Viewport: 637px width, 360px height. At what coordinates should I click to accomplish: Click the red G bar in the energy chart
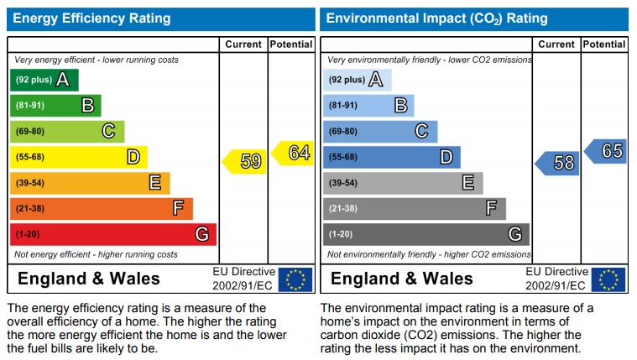[x=112, y=234]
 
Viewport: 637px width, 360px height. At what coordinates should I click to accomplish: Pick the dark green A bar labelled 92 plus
[x=44, y=80]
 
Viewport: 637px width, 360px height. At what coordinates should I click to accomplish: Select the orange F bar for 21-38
[x=101, y=208]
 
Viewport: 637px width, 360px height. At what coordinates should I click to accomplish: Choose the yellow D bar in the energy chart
[x=78, y=157]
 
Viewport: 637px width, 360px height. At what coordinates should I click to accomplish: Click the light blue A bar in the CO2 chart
[x=357, y=80]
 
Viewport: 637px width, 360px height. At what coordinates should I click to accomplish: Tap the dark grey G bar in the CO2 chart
[x=426, y=234]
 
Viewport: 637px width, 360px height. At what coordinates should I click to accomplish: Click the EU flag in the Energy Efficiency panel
[x=295, y=279]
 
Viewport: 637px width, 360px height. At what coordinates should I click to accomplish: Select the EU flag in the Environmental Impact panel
[x=608, y=279]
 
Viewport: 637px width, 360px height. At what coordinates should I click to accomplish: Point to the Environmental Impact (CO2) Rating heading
[x=436, y=18]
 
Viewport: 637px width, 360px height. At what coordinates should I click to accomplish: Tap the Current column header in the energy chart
[x=243, y=44]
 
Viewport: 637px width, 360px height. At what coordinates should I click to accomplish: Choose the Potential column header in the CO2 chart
[x=604, y=44]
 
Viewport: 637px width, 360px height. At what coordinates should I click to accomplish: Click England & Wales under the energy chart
[x=89, y=279]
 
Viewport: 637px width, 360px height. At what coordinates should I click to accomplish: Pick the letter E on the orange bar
[x=154, y=183]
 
